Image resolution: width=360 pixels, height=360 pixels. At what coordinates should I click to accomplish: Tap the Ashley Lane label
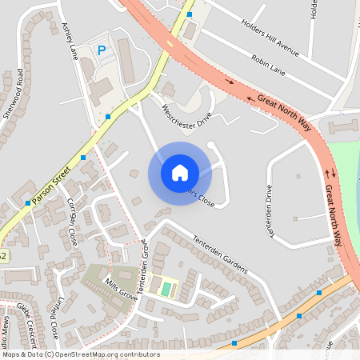[x=70, y=40]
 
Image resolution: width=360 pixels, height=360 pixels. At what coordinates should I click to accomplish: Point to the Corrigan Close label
[x=74, y=220]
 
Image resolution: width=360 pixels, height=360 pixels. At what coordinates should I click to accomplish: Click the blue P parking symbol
[x=102, y=50]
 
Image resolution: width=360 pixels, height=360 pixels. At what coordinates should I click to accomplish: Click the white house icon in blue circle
[x=180, y=172]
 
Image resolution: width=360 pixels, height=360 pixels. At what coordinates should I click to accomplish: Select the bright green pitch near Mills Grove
[x=166, y=287]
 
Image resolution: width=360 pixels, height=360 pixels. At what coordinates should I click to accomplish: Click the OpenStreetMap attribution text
[x=80, y=354]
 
